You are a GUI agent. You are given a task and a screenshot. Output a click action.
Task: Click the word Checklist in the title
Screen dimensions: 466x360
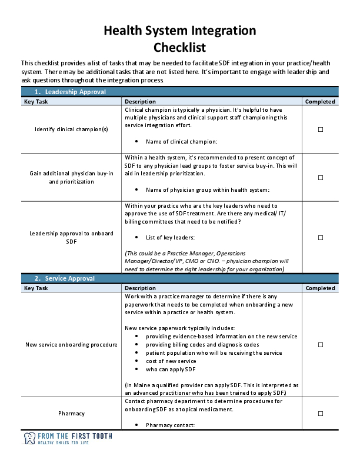coord(179,48)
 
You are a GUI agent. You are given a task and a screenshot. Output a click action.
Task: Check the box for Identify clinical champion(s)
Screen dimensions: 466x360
coord(321,129)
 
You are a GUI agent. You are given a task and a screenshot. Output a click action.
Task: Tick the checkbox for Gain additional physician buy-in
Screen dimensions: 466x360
coord(321,178)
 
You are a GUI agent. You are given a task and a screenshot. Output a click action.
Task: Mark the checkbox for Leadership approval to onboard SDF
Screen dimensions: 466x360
coord(321,238)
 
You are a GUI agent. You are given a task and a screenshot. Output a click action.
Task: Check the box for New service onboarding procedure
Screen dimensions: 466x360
coord(321,345)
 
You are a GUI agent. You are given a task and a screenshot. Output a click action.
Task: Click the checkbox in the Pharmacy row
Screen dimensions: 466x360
coord(321,414)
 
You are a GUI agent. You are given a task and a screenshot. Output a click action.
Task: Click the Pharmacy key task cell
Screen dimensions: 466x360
coord(71,414)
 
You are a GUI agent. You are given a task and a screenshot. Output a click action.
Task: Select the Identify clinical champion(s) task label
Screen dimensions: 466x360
coord(71,129)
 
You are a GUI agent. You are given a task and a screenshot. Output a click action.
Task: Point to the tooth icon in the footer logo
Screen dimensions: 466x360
coord(29,439)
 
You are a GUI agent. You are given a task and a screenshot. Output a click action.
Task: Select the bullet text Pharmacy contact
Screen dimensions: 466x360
coord(170,425)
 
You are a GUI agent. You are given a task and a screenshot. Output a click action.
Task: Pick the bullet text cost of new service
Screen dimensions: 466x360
coord(171,361)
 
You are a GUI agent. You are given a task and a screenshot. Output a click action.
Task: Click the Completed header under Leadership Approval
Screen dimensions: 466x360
coord(321,101)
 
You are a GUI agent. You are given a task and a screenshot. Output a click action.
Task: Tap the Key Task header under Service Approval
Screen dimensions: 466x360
coord(36,288)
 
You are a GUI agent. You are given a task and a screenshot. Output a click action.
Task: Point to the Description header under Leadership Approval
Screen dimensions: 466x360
coord(140,101)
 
